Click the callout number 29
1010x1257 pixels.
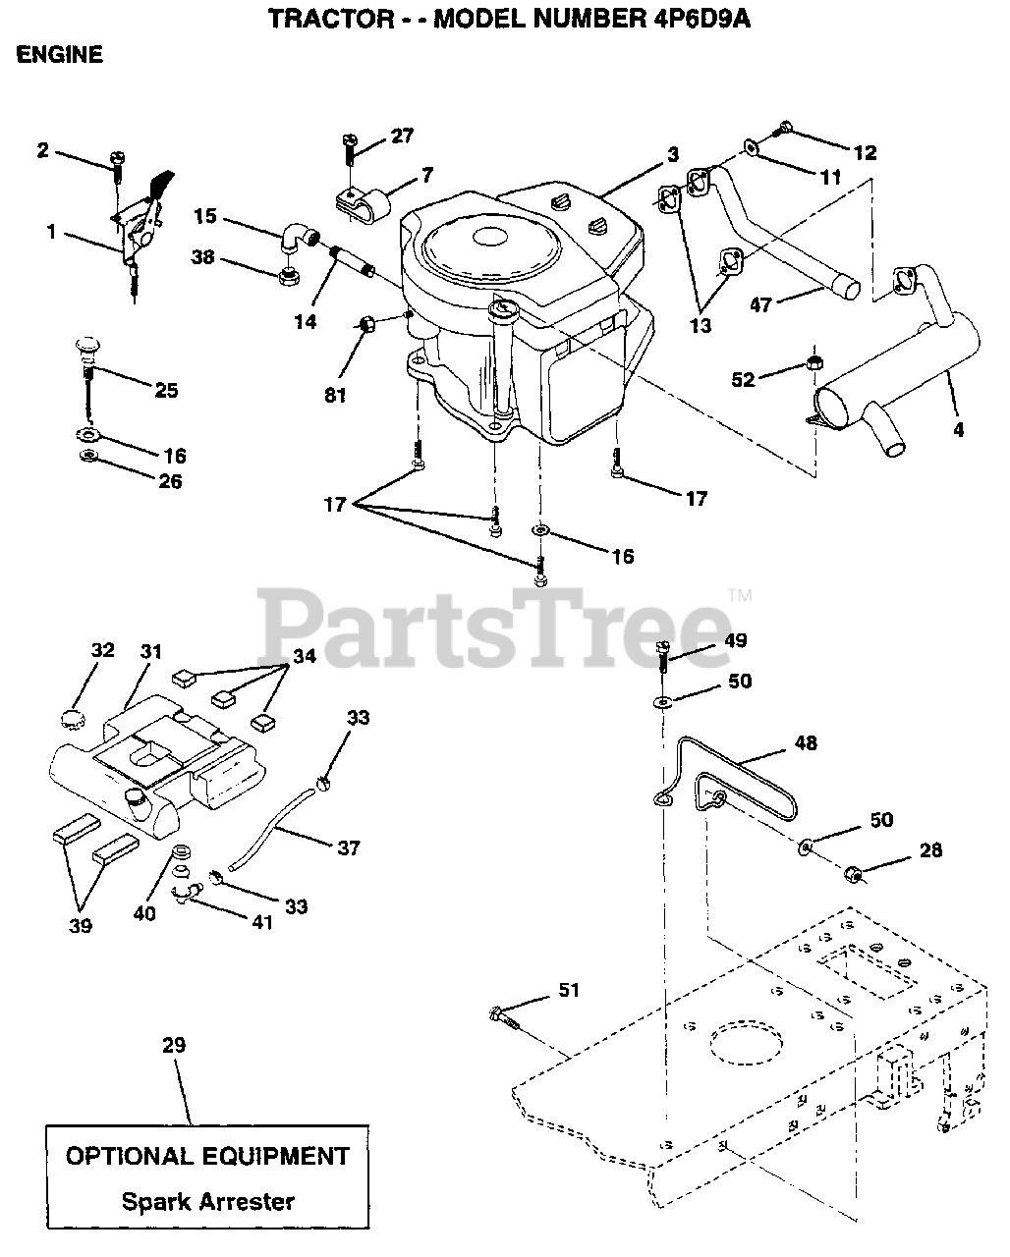[x=173, y=1046]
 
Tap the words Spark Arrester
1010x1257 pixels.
[x=207, y=1200]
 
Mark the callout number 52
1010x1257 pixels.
[x=743, y=378]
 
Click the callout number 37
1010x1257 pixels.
[x=348, y=847]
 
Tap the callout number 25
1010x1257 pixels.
[x=166, y=391]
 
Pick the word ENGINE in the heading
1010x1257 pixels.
[x=60, y=55]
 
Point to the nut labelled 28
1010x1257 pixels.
[x=855, y=873]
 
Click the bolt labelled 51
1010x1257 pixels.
[x=501, y=1015]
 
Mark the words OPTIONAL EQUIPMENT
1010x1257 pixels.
[x=207, y=1156]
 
